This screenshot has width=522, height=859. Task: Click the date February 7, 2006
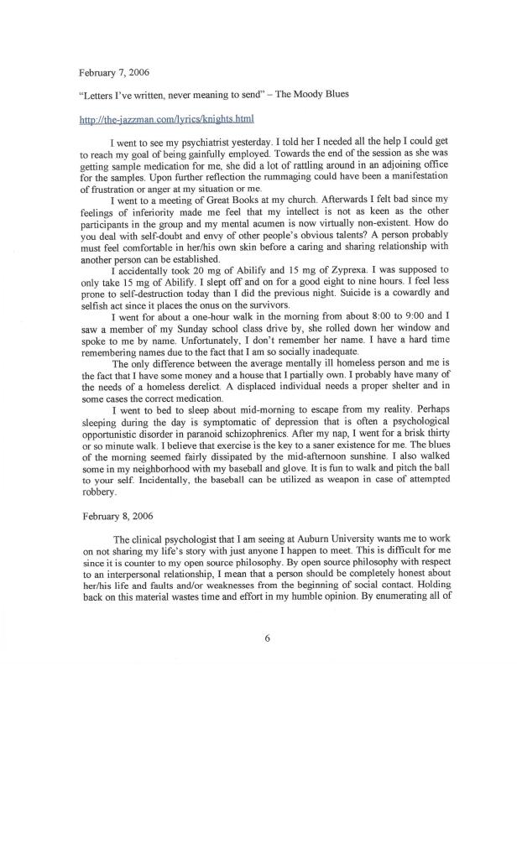coord(114,71)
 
